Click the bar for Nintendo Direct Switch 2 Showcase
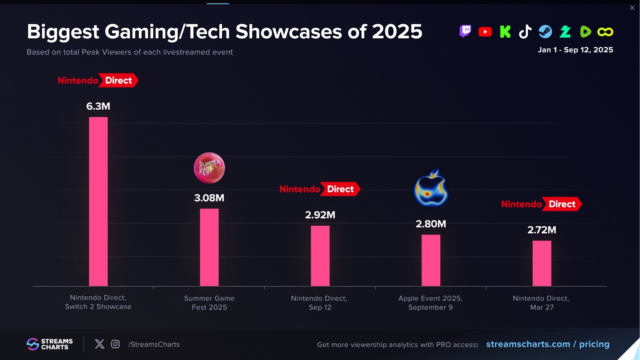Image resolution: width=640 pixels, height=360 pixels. click(98, 201)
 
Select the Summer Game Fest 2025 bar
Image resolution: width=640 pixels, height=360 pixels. click(209, 247)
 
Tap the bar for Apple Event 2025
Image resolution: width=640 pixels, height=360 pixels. click(431, 260)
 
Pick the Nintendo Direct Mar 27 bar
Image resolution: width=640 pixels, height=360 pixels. click(542, 263)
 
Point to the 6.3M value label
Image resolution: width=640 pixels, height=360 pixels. click(98, 106)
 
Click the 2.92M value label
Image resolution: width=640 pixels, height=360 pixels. click(320, 215)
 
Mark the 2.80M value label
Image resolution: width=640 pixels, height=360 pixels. click(431, 224)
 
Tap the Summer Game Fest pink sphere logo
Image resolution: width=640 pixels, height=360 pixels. click(209, 168)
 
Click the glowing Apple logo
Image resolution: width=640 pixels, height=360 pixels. click(431, 188)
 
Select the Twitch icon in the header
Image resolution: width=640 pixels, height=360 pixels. click(465, 32)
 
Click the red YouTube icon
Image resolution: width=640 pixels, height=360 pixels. click(485, 32)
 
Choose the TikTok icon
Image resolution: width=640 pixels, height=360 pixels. click(525, 32)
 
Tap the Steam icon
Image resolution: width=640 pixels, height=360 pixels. click(545, 32)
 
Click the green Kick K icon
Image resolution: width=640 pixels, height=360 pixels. click(505, 32)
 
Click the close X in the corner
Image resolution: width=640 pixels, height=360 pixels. click(632, 8)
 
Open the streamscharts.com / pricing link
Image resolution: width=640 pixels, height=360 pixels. click(548, 344)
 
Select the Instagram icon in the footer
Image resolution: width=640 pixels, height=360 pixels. click(115, 344)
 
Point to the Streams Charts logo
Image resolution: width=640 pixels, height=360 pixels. click(50, 344)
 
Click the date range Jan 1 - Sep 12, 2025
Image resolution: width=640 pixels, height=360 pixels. click(575, 50)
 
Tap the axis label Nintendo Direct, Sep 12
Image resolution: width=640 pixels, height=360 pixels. click(319, 303)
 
